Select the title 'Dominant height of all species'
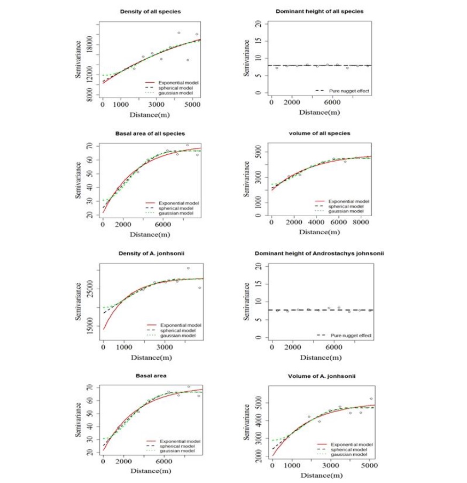tap(319, 11)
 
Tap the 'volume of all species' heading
tap(319, 133)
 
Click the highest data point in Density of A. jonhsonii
tap(188, 268)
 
